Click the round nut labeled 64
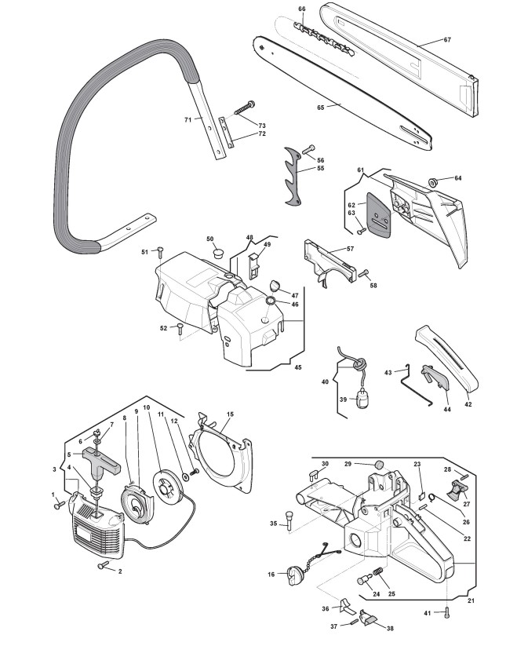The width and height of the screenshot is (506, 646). (434, 182)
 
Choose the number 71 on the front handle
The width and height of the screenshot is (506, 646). (187, 119)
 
